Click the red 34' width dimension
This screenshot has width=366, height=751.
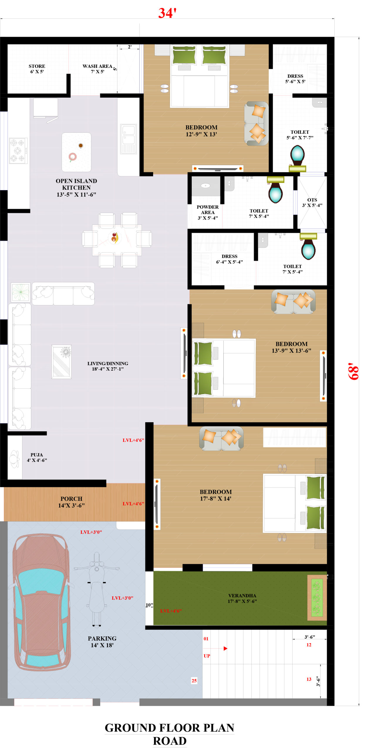pos(167,13)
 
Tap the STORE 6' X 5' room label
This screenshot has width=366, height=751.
pos(37,69)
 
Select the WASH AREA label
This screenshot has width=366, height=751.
pos(97,66)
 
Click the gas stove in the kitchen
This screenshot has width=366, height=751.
pos(18,151)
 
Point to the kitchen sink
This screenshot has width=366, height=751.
pos(128,139)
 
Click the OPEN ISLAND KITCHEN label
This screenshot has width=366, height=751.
pos(76,187)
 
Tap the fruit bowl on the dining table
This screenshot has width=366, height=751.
pos(114,238)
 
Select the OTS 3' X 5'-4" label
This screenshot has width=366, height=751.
pos(312,202)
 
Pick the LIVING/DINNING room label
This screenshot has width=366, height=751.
pos(108,363)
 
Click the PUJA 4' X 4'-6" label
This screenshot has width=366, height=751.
pos(37,457)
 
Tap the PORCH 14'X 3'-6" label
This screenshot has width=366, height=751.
pos(71,502)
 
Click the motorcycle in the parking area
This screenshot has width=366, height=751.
pos(97,590)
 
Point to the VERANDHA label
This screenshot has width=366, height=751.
pos(242,596)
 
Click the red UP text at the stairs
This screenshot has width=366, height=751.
pos(207,656)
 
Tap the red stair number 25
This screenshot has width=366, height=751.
pos(194,680)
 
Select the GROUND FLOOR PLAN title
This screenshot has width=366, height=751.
pos(169,728)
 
